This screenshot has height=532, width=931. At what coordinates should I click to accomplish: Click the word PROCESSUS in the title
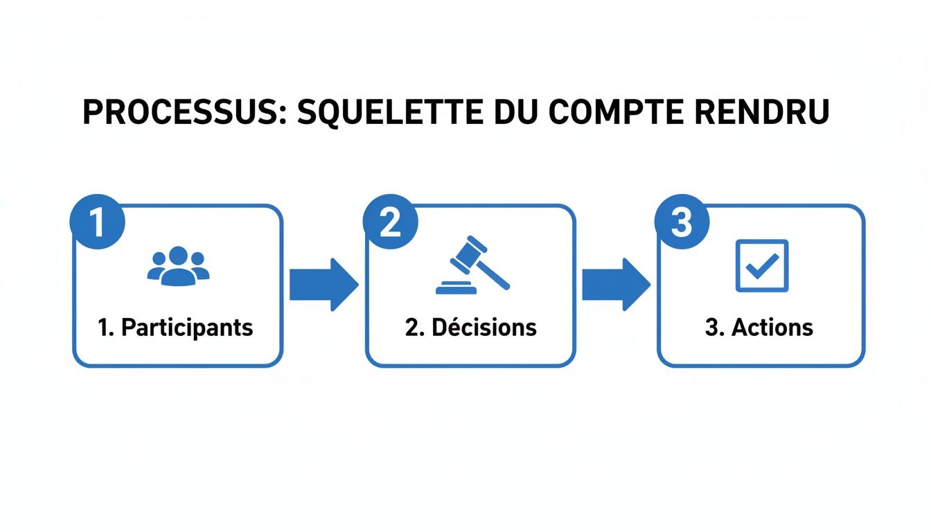[x=177, y=113]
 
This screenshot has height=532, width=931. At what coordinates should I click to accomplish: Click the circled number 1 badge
[x=97, y=223]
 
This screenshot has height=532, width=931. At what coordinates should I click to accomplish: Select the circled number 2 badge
[x=390, y=223]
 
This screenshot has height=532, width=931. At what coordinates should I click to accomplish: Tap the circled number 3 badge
[x=682, y=223]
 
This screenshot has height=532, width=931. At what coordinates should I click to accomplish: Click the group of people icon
[x=178, y=265]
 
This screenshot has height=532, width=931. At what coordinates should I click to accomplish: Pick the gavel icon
[x=471, y=266]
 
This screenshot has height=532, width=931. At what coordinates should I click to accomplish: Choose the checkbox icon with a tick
[x=761, y=265]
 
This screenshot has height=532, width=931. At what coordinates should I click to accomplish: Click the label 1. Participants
[x=176, y=328]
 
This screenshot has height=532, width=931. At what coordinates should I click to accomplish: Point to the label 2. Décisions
[x=471, y=328]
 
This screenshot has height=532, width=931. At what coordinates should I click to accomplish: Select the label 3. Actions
[x=759, y=328]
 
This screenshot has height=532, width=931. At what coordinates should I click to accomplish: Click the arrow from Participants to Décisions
[x=323, y=284]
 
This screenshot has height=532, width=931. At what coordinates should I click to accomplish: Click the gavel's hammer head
[x=468, y=253]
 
